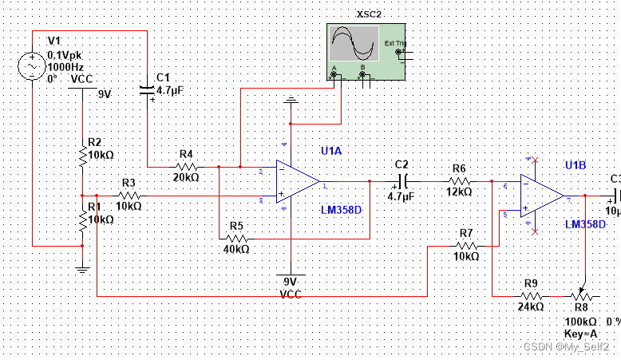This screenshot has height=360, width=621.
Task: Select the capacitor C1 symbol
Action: pos(147,90)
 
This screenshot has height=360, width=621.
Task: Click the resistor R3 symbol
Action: pos(129,195)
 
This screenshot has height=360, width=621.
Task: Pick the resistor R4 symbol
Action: pos(187,167)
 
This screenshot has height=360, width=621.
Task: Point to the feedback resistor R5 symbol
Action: pos(235,238)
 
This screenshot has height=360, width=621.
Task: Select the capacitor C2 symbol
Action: pos(402,181)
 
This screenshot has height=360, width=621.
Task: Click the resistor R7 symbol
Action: pos(466,247)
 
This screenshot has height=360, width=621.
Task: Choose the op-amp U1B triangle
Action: pos(542,196)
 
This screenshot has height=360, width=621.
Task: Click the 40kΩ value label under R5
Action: pos(235,250)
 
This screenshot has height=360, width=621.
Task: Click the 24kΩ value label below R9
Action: pos(531,307)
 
